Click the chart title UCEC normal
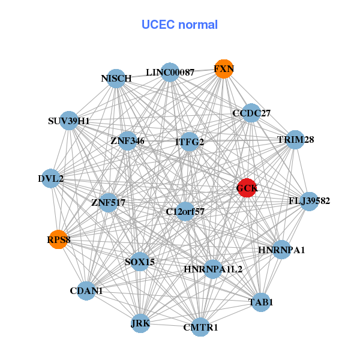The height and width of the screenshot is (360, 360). (179, 25)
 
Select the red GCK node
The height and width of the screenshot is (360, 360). (247, 188)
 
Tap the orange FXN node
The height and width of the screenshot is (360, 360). (223, 69)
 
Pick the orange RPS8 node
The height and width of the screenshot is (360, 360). (58, 240)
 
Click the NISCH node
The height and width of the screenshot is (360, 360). (116, 78)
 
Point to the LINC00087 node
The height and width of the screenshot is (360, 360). (170, 72)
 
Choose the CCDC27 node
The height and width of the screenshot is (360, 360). (251, 113)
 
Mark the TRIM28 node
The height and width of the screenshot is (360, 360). (296, 140)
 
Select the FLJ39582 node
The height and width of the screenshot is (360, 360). (308, 200)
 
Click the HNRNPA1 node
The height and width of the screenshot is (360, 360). (281, 249)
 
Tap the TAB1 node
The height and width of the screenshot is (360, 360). (260, 302)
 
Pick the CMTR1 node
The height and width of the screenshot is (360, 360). (200, 327)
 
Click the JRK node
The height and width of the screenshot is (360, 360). (140, 323)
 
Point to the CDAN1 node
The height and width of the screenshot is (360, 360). (86, 290)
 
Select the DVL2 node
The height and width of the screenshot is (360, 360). (51, 178)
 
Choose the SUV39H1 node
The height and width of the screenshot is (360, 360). (69, 121)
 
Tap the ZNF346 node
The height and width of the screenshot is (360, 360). (128, 141)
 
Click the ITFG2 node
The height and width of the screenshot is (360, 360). (190, 142)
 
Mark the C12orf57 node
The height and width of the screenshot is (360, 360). (185, 211)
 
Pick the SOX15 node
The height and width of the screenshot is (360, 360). (140, 262)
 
